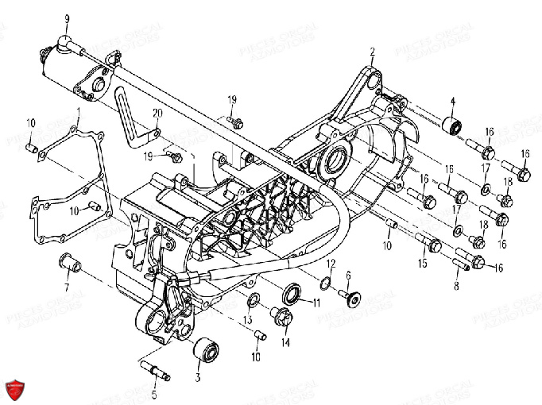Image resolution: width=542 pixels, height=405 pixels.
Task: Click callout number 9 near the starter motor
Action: tap(67, 18)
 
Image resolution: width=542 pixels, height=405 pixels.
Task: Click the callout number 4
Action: tap(453, 102)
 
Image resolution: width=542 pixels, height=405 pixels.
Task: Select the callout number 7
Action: tap(67, 286)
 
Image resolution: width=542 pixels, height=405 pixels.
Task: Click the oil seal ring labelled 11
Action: tap(292, 294)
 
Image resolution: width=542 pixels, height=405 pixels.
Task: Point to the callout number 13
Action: tap(248, 319)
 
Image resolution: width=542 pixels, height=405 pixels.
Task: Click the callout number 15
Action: tap(423, 263)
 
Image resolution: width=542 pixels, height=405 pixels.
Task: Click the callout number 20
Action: tap(157, 112)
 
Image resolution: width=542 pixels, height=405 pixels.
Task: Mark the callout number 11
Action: tap(316, 303)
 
